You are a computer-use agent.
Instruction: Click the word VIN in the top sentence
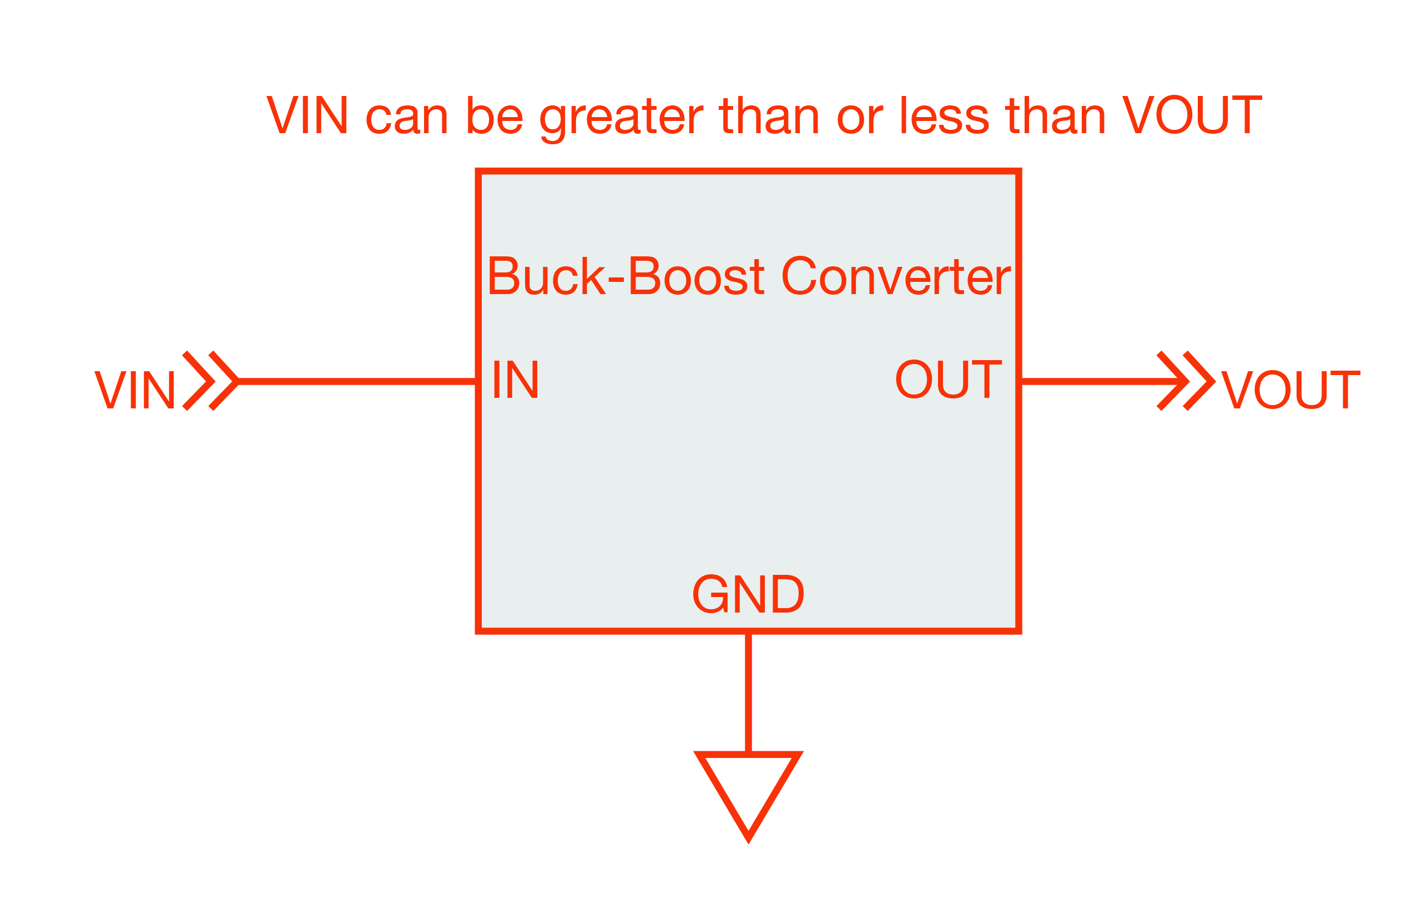point(307,115)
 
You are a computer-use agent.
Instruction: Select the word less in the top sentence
point(944,115)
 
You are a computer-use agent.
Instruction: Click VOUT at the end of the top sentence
point(1192,115)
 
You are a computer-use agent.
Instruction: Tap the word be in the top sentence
point(495,115)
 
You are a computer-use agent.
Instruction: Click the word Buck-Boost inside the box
point(626,276)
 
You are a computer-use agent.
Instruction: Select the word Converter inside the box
point(895,276)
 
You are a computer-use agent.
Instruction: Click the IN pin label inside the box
point(515,380)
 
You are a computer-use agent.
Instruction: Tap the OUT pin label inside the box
point(948,380)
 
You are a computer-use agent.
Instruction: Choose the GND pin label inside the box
point(748,594)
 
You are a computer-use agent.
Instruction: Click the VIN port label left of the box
point(135,390)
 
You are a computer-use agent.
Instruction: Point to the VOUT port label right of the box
point(1290,390)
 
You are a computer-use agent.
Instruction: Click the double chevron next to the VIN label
point(210,381)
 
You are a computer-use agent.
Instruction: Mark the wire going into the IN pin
point(356,382)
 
